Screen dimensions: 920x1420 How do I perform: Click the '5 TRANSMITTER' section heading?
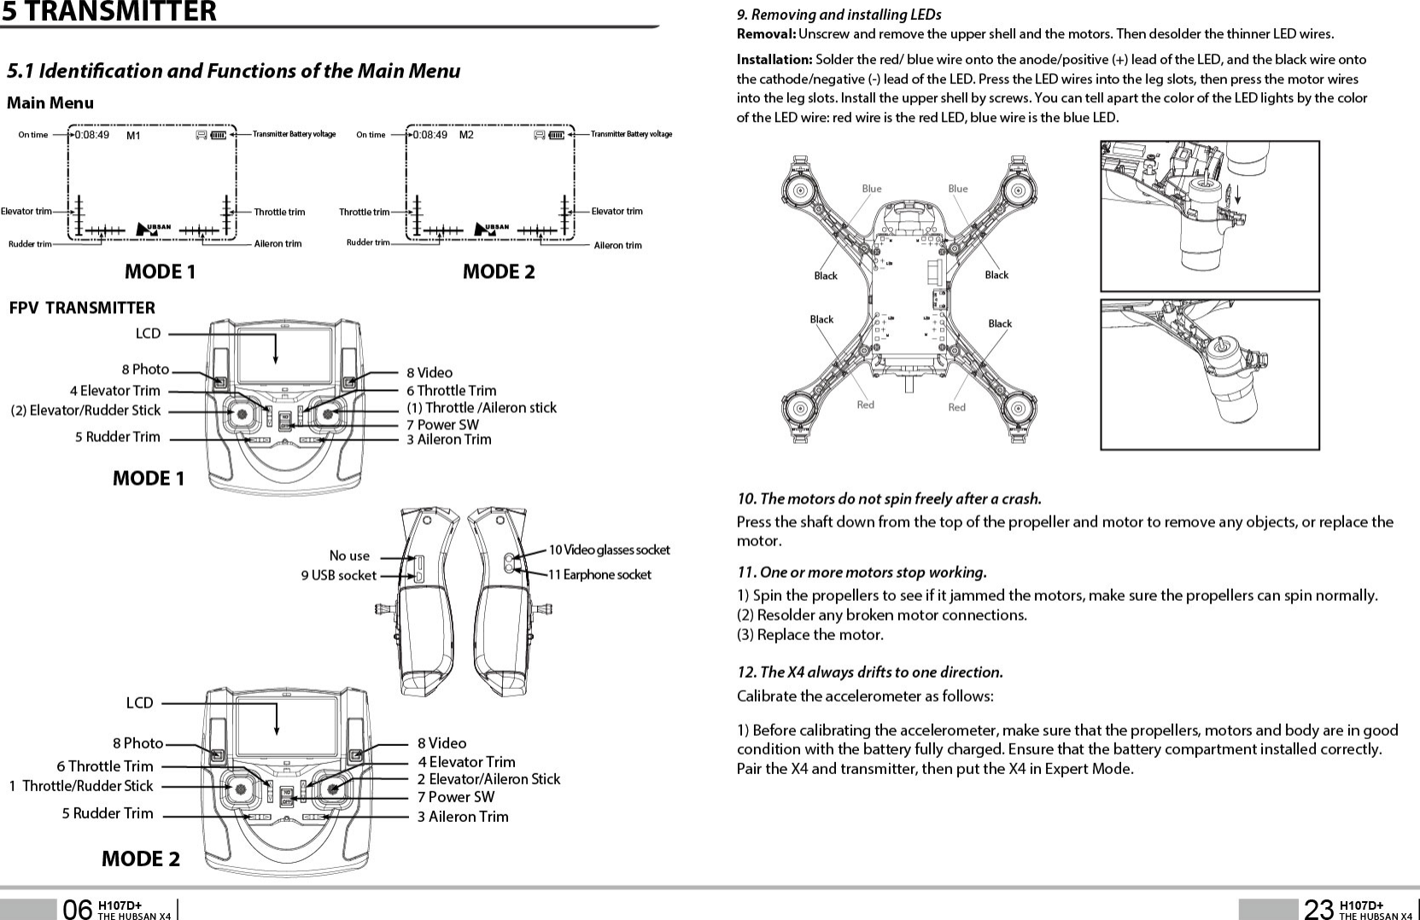click(108, 12)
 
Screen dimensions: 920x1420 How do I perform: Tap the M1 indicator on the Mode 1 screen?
click(133, 135)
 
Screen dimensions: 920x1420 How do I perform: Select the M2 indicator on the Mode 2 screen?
click(466, 135)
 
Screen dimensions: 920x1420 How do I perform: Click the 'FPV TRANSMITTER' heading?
click(82, 308)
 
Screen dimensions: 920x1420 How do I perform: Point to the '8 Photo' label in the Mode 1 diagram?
click(145, 370)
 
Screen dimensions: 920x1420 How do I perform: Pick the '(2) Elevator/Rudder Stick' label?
click(85, 411)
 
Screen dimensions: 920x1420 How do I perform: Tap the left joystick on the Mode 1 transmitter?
click(243, 414)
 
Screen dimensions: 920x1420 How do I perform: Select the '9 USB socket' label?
click(338, 575)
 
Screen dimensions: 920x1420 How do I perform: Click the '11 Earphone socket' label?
click(599, 575)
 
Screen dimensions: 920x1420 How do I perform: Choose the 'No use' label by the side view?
click(349, 556)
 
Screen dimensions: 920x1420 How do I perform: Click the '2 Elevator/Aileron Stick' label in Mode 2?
click(488, 779)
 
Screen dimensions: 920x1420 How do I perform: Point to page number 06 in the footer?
click(77, 910)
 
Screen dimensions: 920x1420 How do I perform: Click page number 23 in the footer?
click(1318, 910)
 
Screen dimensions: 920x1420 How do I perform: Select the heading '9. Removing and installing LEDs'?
click(839, 15)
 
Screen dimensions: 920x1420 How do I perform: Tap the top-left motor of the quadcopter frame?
click(800, 189)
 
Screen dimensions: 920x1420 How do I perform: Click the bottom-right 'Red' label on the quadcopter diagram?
click(956, 407)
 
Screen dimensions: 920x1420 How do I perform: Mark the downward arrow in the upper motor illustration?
click(1237, 195)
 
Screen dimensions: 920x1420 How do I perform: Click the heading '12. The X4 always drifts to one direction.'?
click(869, 672)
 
